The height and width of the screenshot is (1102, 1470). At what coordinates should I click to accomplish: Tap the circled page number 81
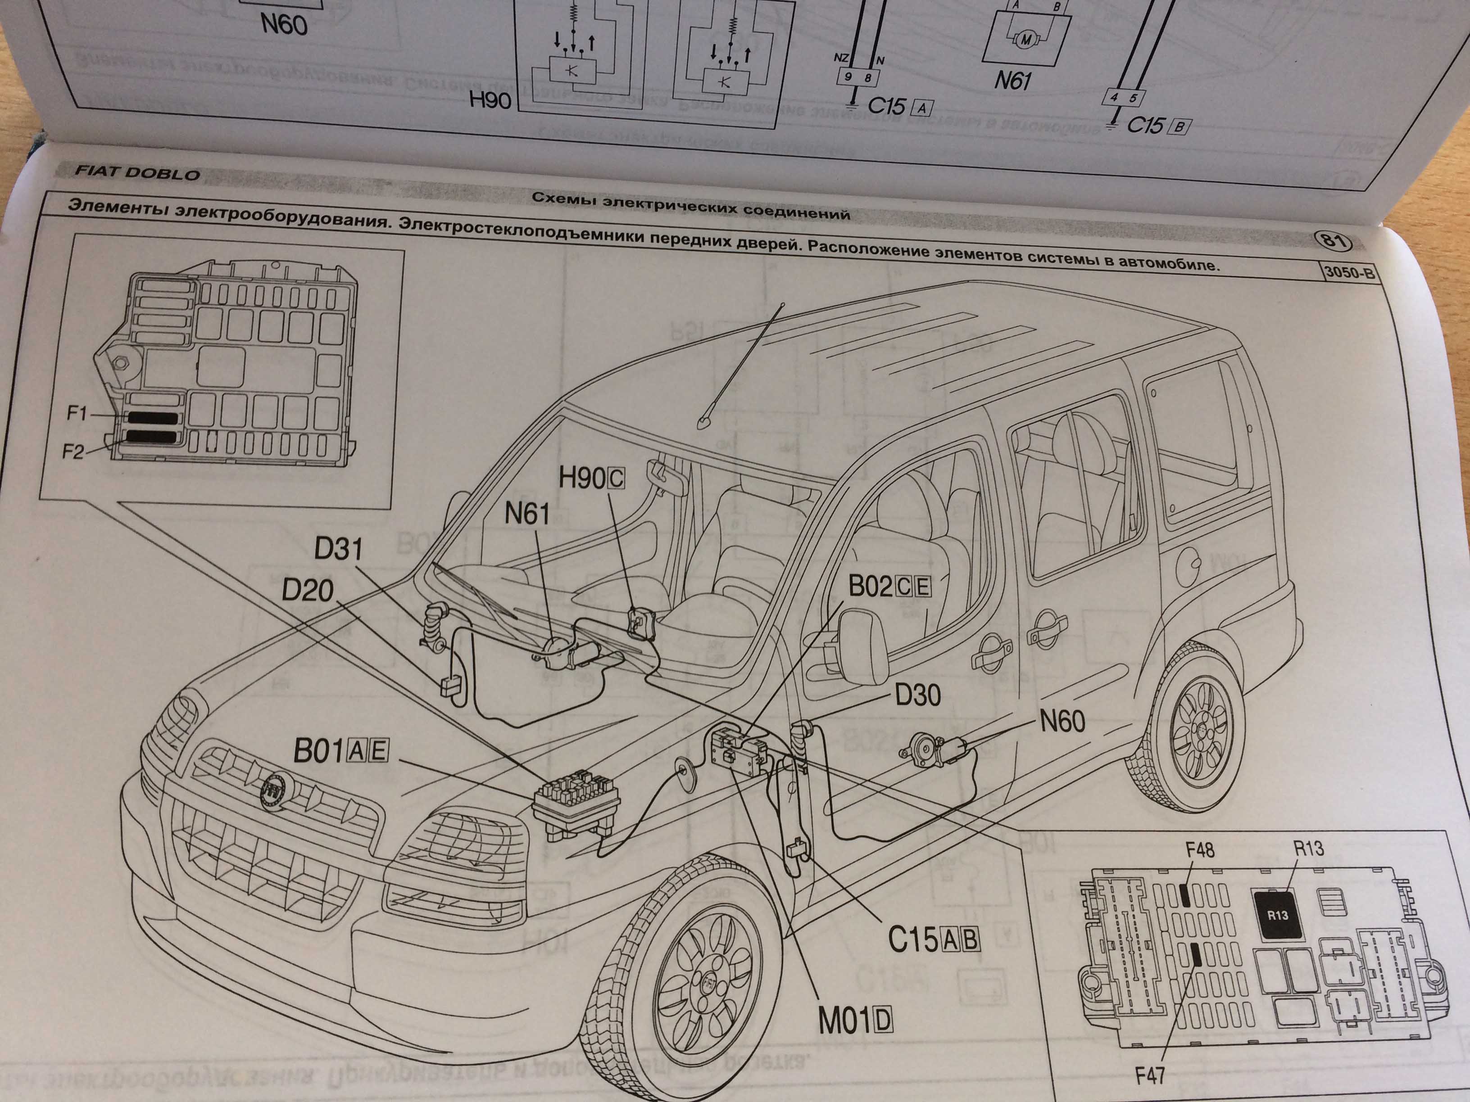1333,240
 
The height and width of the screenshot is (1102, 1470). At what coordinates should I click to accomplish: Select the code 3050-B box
1349,272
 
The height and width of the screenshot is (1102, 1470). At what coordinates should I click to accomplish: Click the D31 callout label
338,549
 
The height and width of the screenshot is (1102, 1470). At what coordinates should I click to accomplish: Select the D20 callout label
307,590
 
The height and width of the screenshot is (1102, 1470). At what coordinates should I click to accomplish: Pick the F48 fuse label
1199,849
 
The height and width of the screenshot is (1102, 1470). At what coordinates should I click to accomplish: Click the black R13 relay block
1277,915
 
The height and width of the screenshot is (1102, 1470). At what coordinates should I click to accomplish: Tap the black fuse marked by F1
154,419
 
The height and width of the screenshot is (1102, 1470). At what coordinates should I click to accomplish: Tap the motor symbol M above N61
1025,40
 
